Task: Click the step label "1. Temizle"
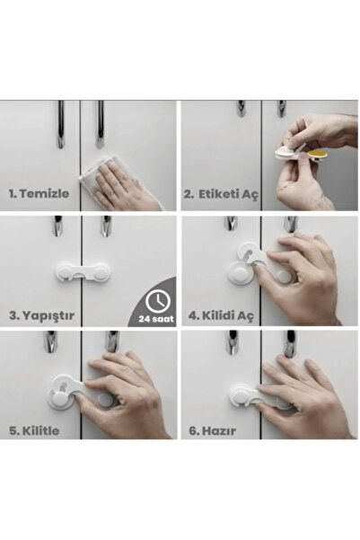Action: click(39, 193)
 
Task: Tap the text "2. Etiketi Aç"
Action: click(221, 194)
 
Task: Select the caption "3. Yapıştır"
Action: click(41, 315)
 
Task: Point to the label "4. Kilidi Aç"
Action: click(221, 315)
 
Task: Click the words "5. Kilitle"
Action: click(34, 430)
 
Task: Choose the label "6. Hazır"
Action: click(213, 430)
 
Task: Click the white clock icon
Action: click(158, 301)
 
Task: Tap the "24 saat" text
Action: click(156, 319)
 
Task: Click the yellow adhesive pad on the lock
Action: click(317, 154)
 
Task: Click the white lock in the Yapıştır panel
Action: click(83, 271)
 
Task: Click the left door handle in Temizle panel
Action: click(60, 124)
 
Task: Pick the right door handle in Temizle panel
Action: click(100, 124)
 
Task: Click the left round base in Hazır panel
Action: click(241, 394)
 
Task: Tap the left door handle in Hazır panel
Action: click(233, 342)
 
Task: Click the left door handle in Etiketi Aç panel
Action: click(241, 109)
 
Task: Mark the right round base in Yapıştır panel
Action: click(101, 272)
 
